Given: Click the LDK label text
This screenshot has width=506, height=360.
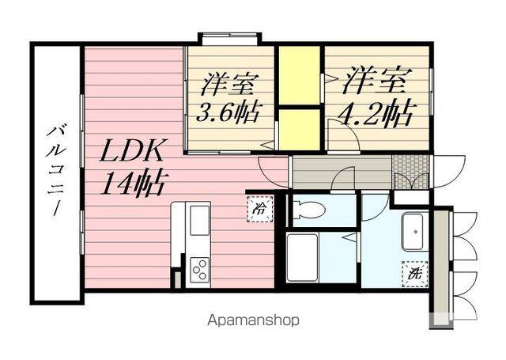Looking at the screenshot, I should click(x=131, y=150).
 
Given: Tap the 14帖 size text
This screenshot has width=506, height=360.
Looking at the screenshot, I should click(x=132, y=184).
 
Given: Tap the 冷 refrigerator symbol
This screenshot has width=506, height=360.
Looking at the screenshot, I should click(x=259, y=209).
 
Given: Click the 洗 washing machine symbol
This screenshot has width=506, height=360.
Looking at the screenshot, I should click(x=413, y=273).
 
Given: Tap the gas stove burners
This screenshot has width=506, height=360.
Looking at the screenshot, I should click(x=199, y=270).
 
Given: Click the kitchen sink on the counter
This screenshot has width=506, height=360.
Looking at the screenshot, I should click(x=199, y=218).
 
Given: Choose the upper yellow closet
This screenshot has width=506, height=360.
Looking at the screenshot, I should click(x=298, y=75).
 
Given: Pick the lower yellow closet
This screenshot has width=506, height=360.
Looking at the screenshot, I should click(x=298, y=128).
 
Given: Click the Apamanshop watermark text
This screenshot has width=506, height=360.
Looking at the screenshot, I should click(x=252, y=321).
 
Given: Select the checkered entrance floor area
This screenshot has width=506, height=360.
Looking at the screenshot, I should click(x=411, y=170).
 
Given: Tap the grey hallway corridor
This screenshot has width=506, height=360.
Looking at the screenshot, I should click(x=340, y=171).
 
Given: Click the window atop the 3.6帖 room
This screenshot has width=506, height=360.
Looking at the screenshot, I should click(x=229, y=37).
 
